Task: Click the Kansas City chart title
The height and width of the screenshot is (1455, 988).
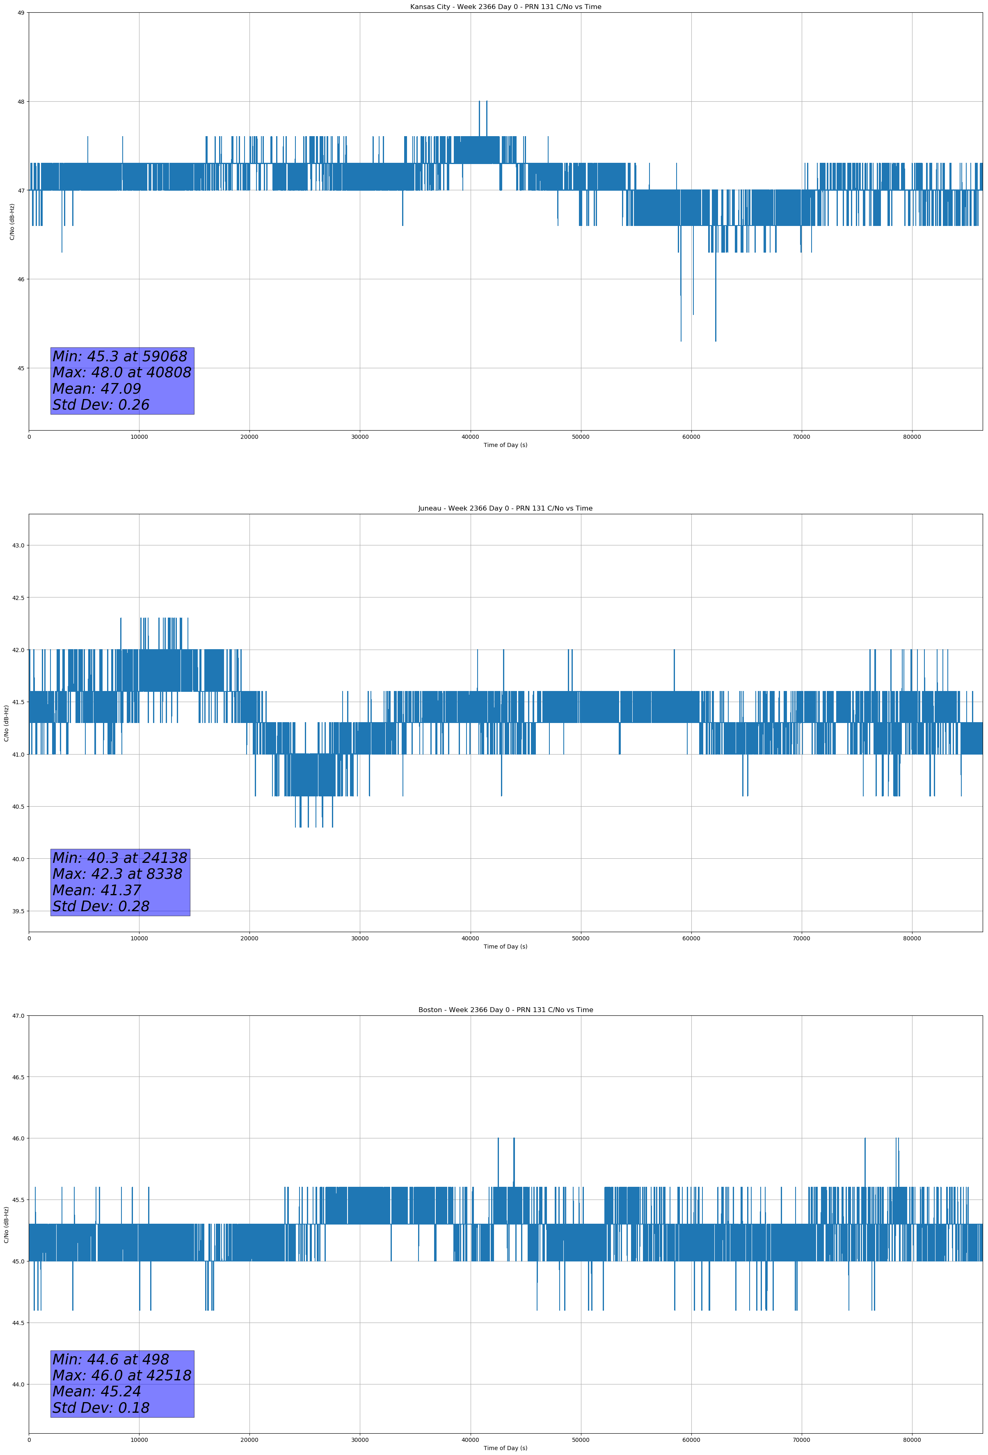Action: [505, 7]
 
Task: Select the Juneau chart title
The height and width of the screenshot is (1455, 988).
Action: [505, 509]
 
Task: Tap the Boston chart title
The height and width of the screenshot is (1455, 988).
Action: [505, 1010]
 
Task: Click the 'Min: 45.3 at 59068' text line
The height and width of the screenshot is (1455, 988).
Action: [120, 356]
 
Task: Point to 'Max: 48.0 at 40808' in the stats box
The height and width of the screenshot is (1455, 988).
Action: [121, 372]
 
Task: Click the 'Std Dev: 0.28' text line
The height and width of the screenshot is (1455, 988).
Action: [101, 907]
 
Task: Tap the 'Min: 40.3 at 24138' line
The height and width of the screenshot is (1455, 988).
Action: [120, 858]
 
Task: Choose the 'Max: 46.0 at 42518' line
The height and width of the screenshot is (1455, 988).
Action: [121, 1375]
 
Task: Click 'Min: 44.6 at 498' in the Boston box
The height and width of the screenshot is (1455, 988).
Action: [110, 1359]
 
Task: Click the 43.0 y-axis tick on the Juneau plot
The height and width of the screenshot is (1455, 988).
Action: [18, 545]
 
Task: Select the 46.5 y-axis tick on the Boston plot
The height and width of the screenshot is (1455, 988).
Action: [18, 1077]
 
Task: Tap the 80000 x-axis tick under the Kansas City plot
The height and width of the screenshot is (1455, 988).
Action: [912, 437]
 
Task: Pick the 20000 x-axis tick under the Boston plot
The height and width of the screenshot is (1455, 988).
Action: [249, 1440]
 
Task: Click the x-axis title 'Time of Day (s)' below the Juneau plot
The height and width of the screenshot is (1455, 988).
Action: [505, 946]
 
